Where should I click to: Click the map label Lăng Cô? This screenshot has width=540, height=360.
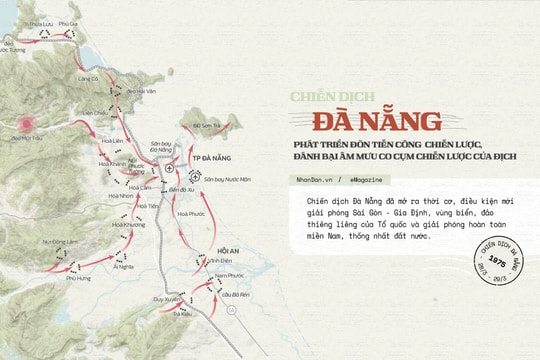tap(87, 78)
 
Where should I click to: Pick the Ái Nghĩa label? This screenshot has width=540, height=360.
tap(123, 267)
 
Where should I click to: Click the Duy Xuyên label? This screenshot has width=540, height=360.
tap(168, 299)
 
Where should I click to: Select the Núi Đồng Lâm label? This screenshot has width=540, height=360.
tap(60, 241)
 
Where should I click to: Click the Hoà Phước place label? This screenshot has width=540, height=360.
tap(189, 212)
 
